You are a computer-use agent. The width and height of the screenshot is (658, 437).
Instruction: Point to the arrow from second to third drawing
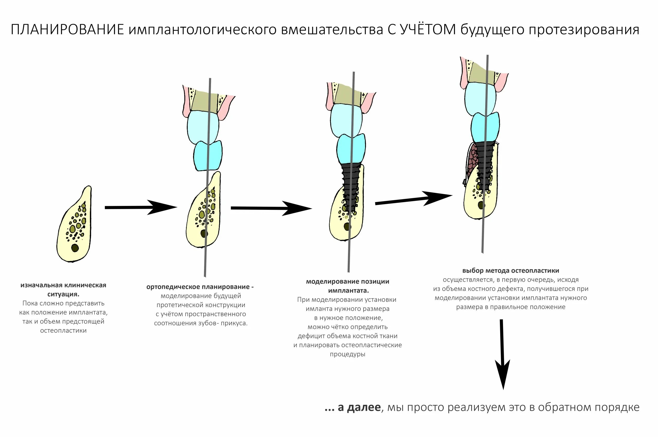pos(271,208)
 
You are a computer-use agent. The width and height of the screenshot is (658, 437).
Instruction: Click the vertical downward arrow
pos(502,354)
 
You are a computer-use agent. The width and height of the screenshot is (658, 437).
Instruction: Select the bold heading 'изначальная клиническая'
pos(63,285)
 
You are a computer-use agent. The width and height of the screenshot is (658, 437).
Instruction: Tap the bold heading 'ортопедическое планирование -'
pos(200,287)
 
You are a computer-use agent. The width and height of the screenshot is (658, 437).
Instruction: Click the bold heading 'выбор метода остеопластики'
pos(510,271)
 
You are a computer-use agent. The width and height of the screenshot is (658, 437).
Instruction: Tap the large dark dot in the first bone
pos(75,248)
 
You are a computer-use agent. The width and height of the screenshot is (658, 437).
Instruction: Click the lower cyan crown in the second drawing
pos(208,156)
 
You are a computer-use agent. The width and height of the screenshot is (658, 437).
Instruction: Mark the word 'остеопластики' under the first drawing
pos(63,330)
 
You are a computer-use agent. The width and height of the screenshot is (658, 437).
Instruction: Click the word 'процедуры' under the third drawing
pos(347,354)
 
